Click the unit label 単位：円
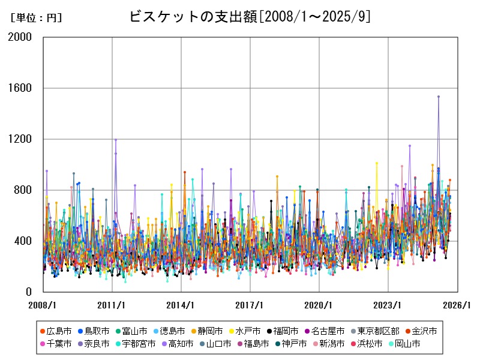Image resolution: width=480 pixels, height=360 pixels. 36,18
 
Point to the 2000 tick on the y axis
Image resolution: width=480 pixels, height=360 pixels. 22,37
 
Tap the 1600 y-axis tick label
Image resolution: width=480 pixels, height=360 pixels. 22,88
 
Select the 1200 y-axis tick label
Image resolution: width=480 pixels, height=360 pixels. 22,139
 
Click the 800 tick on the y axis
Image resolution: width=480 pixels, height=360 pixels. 25,190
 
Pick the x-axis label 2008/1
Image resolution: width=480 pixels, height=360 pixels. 43,305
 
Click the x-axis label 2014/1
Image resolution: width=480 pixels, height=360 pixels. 181,305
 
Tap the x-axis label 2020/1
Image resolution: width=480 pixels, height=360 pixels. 319,305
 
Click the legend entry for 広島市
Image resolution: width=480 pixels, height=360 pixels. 59,331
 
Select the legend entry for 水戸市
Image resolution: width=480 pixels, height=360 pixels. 248,331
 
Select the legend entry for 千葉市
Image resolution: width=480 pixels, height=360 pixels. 59,344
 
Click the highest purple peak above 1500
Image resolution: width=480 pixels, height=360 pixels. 439,96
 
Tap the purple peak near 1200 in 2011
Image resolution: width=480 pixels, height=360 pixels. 116,140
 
